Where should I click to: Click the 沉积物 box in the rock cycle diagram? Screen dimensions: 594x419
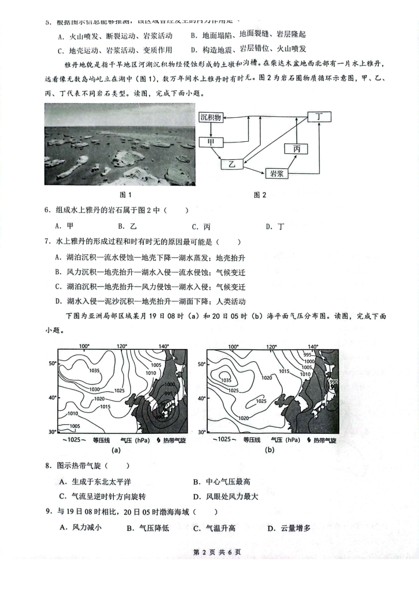point(210,117)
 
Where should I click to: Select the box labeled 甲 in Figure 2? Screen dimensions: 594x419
point(211,142)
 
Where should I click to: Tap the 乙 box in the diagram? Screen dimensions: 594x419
point(232,164)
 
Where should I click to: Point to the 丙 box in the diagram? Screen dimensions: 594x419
point(296,149)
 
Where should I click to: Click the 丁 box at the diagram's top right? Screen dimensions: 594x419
point(318,117)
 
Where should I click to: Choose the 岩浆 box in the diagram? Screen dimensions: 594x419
point(277,174)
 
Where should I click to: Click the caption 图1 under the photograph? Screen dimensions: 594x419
point(126,195)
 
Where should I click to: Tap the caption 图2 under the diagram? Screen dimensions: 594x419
point(260,195)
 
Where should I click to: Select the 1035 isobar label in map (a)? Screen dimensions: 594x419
point(94,371)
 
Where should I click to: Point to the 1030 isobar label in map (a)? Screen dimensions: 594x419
point(94,389)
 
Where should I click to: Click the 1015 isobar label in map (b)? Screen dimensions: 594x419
point(284,371)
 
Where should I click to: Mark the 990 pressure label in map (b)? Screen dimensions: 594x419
point(333,382)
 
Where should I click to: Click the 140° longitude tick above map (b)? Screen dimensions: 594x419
point(313,347)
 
